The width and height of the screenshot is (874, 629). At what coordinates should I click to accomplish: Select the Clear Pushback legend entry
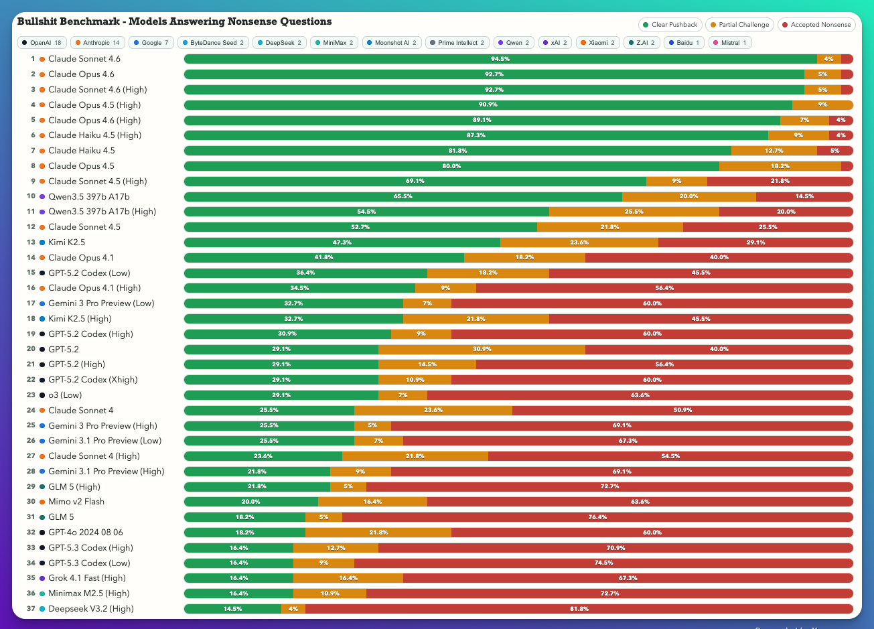[x=670, y=25]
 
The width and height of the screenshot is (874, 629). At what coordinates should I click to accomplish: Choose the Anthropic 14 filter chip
[x=97, y=43]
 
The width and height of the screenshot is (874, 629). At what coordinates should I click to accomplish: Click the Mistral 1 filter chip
[x=730, y=43]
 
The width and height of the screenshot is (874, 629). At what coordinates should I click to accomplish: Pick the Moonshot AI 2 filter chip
[x=392, y=43]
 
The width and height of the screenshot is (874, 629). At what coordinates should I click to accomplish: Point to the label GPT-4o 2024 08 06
[x=85, y=533]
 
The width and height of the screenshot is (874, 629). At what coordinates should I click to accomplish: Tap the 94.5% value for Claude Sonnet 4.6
[x=500, y=59]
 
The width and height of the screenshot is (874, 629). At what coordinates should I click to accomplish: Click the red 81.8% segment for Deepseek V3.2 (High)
[x=579, y=609]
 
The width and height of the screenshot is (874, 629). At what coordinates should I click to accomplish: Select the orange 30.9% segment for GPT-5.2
[x=482, y=349]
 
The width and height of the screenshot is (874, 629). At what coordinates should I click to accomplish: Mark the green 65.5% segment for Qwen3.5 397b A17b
[x=403, y=196]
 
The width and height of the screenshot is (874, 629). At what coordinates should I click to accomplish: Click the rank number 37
[x=31, y=609]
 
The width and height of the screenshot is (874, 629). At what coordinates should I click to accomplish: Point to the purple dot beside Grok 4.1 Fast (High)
[x=42, y=578]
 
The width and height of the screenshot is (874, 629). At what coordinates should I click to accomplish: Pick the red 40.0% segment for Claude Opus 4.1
[x=719, y=257]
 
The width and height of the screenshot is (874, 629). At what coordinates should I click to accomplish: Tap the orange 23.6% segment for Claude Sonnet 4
[x=433, y=410]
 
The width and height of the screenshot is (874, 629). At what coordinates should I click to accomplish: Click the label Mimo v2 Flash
[x=76, y=502]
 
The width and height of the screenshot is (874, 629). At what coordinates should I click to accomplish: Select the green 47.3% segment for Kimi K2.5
[x=342, y=242]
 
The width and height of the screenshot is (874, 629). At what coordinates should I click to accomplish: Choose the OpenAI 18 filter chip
[x=41, y=43]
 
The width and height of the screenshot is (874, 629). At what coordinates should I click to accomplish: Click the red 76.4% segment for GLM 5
[x=597, y=517]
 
